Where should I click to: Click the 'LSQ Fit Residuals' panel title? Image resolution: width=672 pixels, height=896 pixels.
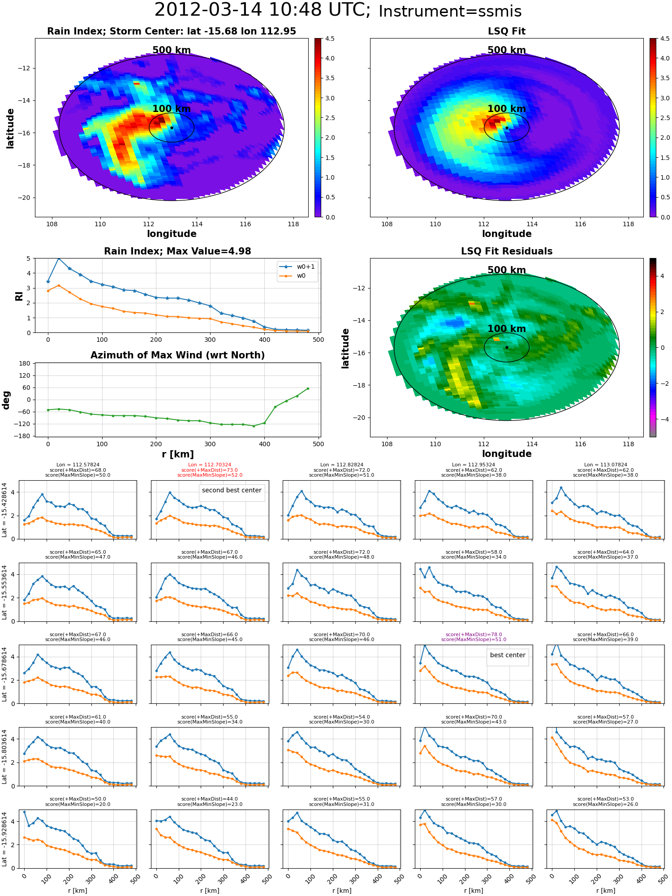[x=507, y=251]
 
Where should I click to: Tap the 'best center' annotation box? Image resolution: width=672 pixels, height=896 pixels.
[x=508, y=655]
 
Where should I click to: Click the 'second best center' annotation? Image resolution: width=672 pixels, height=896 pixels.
[x=232, y=491]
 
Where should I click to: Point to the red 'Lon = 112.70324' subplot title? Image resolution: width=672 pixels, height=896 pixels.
[x=210, y=465]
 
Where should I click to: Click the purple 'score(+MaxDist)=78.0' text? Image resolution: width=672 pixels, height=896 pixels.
[x=474, y=634]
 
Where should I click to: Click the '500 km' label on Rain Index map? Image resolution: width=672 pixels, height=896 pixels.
[x=172, y=50]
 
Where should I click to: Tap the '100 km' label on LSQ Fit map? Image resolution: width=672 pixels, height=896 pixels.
[x=507, y=109]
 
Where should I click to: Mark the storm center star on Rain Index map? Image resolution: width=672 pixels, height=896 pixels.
[x=172, y=128]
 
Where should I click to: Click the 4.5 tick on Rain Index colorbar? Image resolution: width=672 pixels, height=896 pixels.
[x=330, y=39]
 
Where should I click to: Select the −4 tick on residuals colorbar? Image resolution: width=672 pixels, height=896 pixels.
[x=661, y=419]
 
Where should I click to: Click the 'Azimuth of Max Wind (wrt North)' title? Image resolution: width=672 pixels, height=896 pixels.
[x=177, y=355]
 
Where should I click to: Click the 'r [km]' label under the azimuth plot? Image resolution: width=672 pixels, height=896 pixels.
[x=177, y=454]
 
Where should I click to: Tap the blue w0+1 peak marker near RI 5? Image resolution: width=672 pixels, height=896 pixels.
[x=59, y=258]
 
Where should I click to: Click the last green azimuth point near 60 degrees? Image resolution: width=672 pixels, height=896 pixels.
[x=308, y=388]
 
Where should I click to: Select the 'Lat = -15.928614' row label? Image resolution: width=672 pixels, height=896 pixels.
[x=4, y=839]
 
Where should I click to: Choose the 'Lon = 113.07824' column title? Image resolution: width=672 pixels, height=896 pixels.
[x=605, y=465]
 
